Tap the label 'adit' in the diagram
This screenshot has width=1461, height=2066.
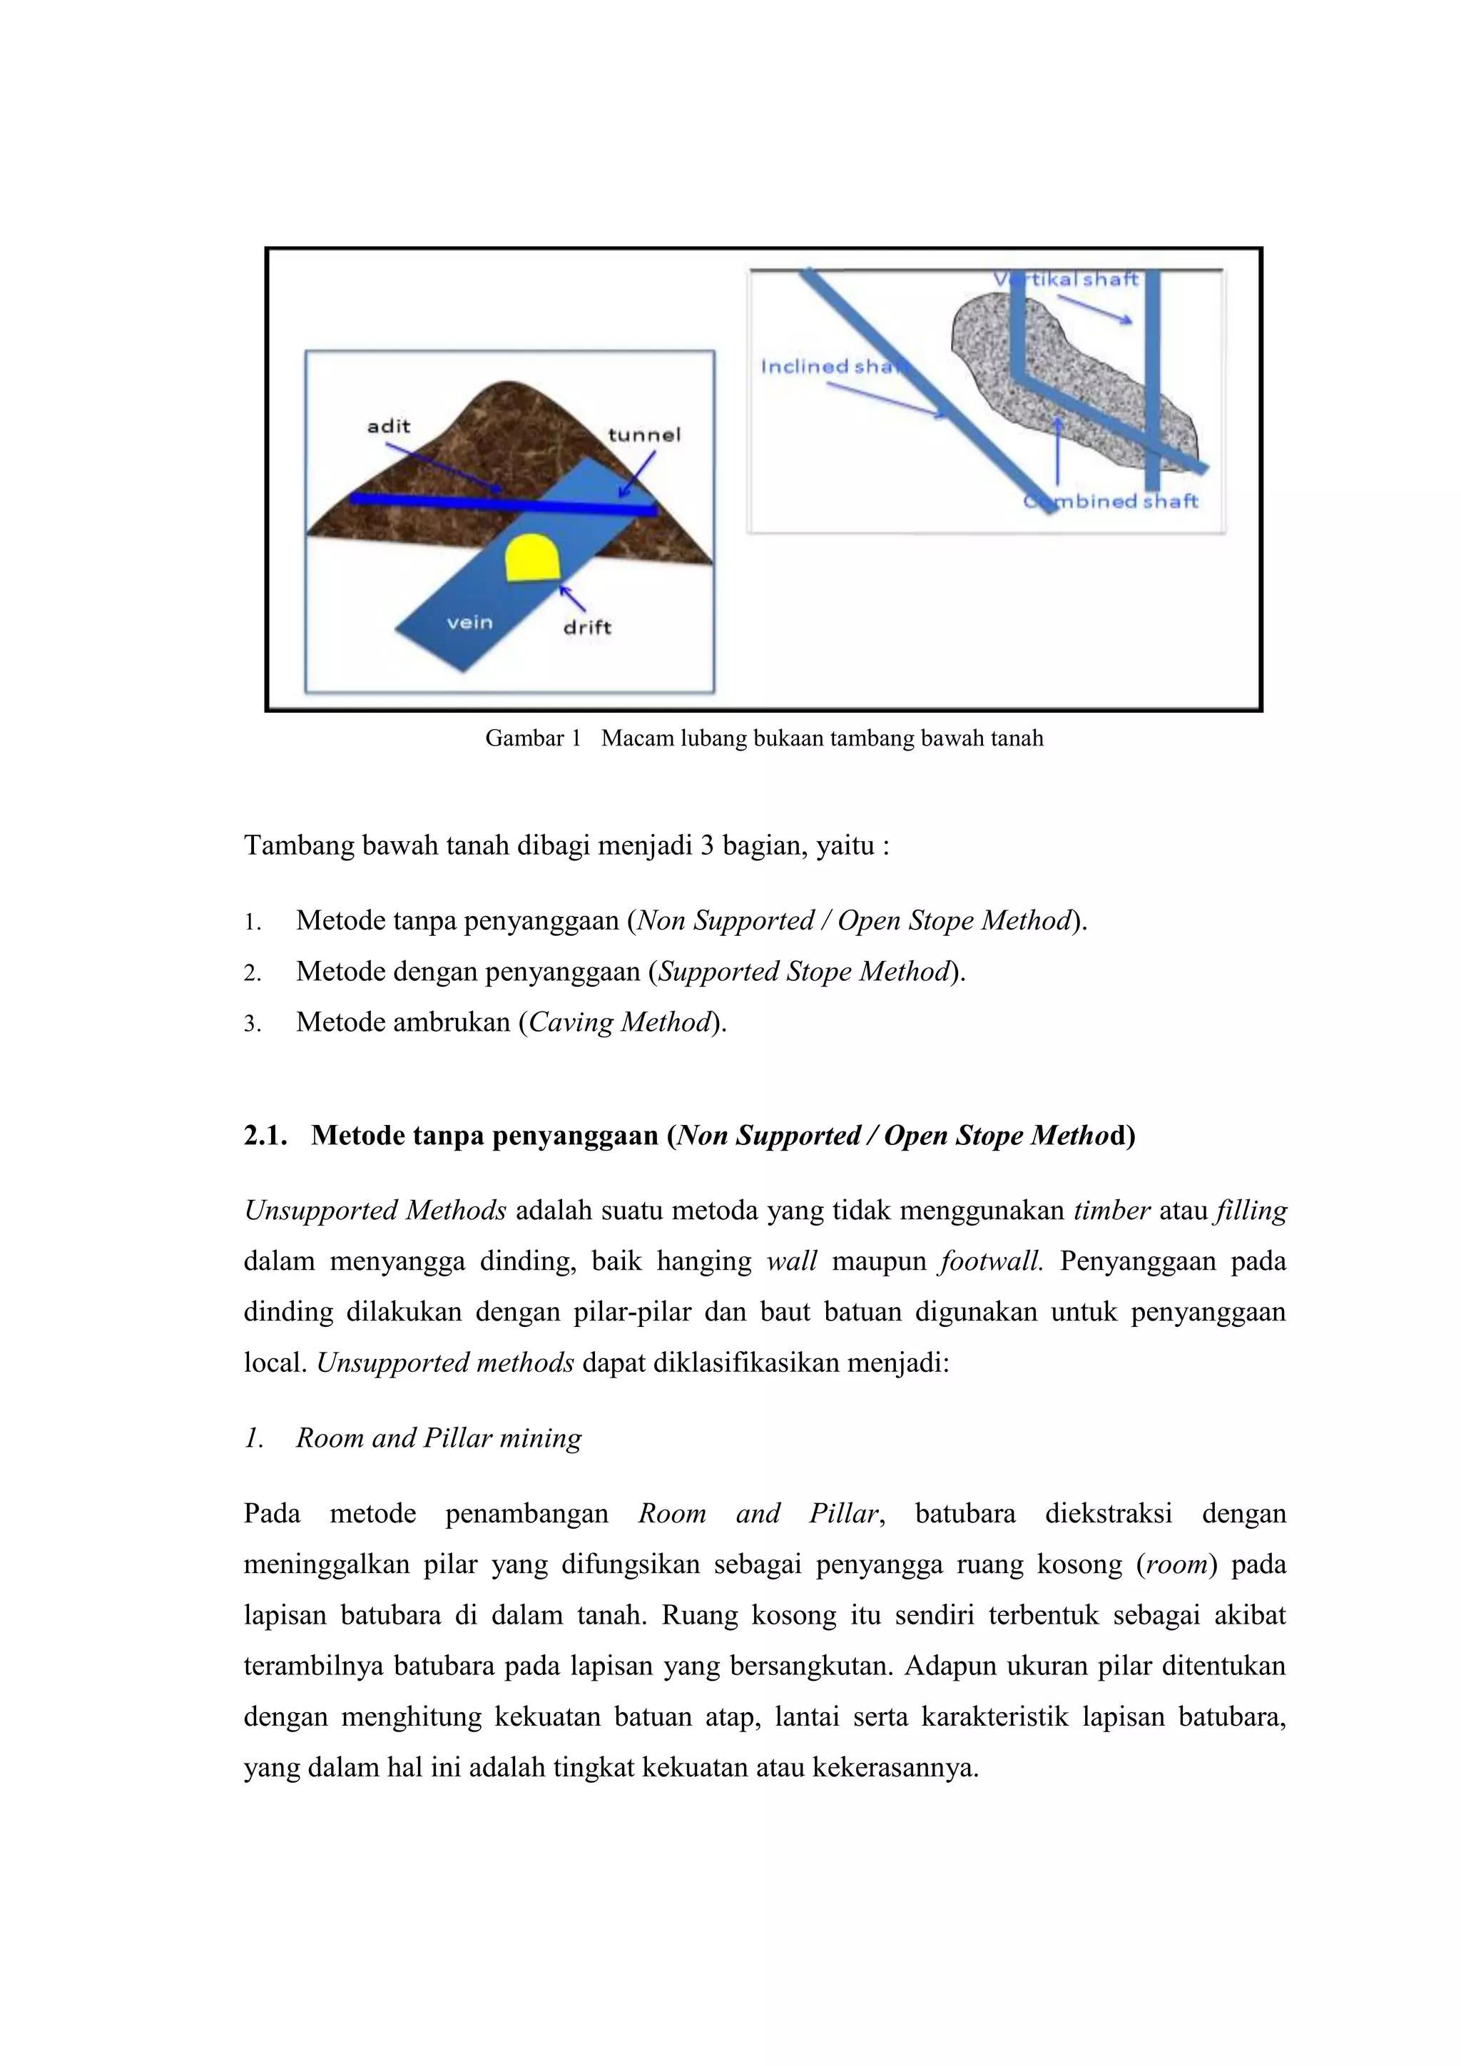[x=389, y=427]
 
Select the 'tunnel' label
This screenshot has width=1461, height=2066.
[x=644, y=435]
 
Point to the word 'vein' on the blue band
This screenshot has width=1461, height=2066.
[x=469, y=623]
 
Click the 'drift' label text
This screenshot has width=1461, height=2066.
[x=586, y=627]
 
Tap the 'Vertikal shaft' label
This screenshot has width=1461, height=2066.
[x=1066, y=280]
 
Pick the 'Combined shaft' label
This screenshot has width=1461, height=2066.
[x=1112, y=502]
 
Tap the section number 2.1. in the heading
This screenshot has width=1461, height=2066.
[x=265, y=1136]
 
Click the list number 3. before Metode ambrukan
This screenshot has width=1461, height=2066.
[x=252, y=1024]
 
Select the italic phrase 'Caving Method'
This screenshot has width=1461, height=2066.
[x=620, y=1022]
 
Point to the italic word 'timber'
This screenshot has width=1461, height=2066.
[x=1112, y=1211]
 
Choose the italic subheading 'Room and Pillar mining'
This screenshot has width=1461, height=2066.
[x=439, y=1438]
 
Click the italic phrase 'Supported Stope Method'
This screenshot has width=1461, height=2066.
[x=804, y=972]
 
